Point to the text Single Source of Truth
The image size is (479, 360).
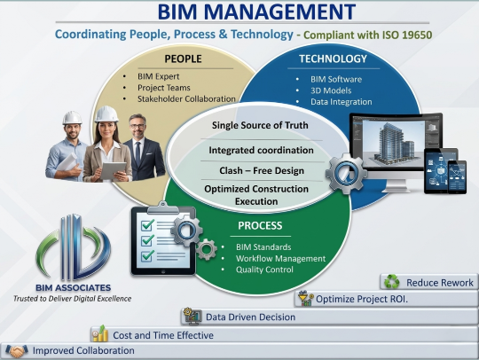260,125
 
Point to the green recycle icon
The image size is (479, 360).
390,282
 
